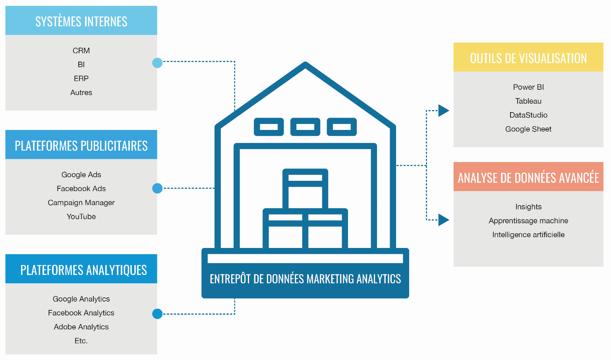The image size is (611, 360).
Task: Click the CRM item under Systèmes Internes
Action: tap(81, 50)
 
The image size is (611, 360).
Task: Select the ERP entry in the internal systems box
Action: tap(81, 78)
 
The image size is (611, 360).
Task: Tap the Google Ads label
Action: tap(81, 174)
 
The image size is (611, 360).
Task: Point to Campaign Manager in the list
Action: tap(81, 203)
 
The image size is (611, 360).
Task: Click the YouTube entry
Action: tap(81, 217)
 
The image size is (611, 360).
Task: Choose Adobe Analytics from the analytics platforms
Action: tap(81, 327)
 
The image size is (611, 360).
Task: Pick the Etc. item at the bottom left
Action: tap(81, 341)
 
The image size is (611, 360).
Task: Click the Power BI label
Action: tap(528, 87)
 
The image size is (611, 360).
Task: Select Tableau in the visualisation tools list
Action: tap(528, 101)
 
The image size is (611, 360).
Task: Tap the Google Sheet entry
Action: tap(528, 129)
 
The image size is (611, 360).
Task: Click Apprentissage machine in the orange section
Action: tap(528, 221)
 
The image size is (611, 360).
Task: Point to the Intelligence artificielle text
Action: tap(528, 234)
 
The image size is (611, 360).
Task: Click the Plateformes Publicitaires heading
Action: tap(81, 145)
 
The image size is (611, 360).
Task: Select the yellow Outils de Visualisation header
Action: tap(528, 58)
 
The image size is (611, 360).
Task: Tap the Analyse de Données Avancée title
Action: tap(528, 178)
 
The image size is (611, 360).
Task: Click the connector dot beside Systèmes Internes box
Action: tap(157, 63)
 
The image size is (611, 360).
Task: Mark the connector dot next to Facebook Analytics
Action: tap(157, 314)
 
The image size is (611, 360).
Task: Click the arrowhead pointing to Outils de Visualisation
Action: tap(443, 110)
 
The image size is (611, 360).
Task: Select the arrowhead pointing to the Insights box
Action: tap(443, 220)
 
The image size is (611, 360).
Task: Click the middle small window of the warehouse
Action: tap(305, 127)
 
